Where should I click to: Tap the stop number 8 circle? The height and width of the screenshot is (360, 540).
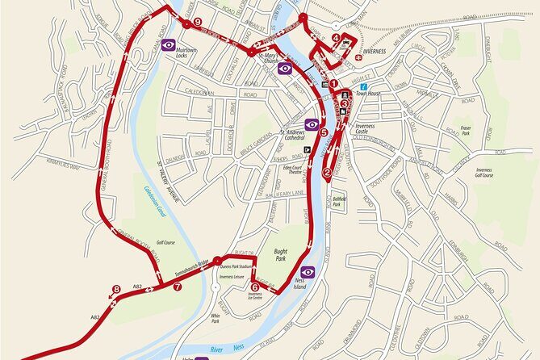click(117, 289)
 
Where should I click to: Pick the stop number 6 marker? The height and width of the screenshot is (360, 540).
click(255, 286)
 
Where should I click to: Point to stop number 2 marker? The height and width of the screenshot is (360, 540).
click(327, 172)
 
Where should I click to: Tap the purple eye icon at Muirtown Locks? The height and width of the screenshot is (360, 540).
click(169, 44)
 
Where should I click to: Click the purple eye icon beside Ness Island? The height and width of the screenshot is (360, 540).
click(308, 272)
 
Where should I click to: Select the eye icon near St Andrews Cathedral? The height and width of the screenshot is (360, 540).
click(311, 123)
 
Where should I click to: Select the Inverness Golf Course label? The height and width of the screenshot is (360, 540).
click(483, 170)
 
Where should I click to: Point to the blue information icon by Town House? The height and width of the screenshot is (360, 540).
click(364, 86)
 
